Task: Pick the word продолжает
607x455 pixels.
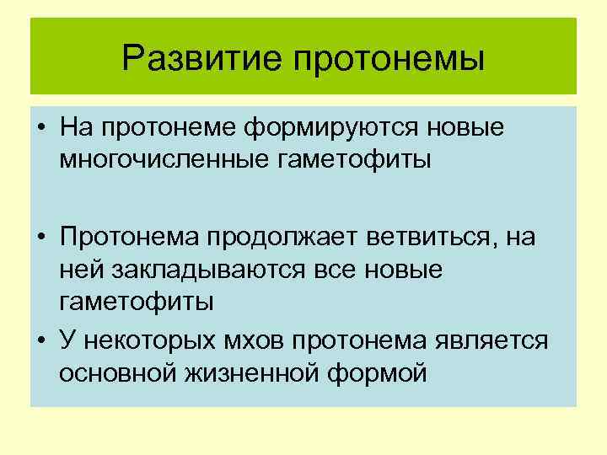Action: pyautogui.click(x=283, y=239)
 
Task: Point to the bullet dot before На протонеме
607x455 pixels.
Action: pyautogui.click(x=40, y=128)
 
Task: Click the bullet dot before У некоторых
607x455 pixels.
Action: pyautogui.click(x=40, y=340)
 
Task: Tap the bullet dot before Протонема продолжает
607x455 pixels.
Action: pyautogui.click(x=40, y=239)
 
